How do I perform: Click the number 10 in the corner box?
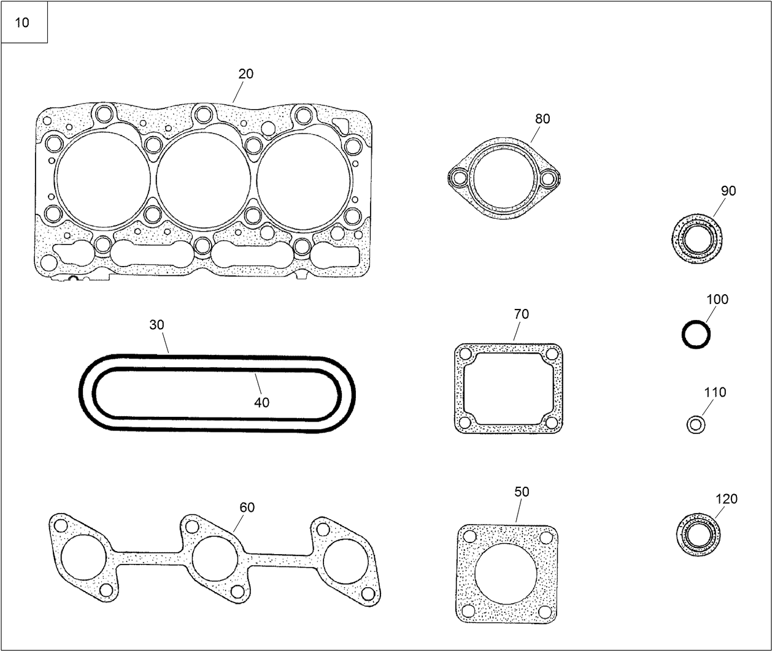(22, 23)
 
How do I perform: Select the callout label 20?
(245, 74)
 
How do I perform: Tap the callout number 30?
(156, 325)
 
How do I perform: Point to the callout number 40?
(261, 403)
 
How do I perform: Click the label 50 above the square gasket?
(522, 492)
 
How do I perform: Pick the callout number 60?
(247, 508)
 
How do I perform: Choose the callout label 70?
(521, 314)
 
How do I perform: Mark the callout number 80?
(542, 119)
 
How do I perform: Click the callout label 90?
(728, 191)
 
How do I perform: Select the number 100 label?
(717, 299)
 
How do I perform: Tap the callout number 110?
(716, 392)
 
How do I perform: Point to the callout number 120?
(727, 499)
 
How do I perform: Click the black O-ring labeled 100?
(696, 335)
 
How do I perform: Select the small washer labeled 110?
(695, 424)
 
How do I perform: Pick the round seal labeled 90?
(696, 238)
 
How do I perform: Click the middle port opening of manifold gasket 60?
(215, 558)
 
